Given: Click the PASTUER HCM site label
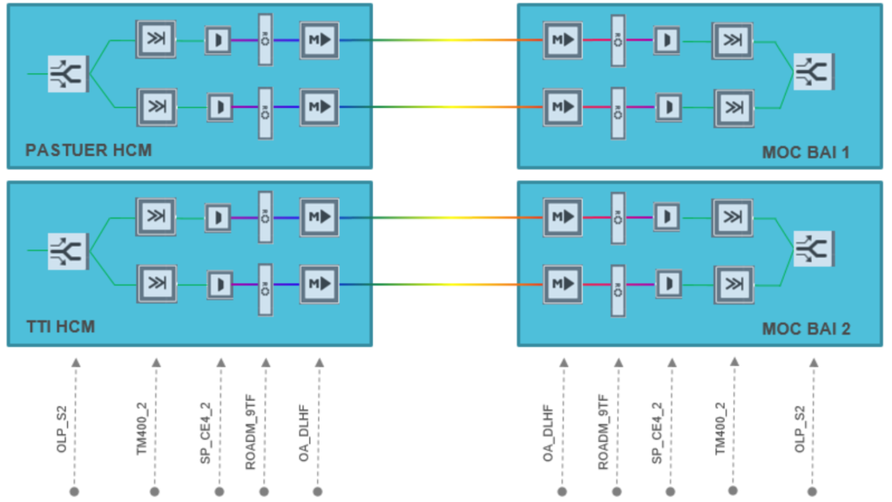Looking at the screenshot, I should tap(88, 151).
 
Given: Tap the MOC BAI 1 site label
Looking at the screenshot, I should tap(806, 153).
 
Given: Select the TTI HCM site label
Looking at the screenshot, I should tap(60, 328).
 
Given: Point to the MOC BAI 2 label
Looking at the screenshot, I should tap(806, 329).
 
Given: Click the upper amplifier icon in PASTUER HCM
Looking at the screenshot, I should tap(320, 39).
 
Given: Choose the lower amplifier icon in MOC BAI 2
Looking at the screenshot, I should tap(563, 283).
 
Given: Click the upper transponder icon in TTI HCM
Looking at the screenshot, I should tap(156, 216).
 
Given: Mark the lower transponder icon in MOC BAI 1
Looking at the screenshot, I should tap(733, 107).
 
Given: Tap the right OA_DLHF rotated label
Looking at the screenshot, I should tap(550, 432).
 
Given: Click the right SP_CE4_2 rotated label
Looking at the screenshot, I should tap(658, 432).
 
